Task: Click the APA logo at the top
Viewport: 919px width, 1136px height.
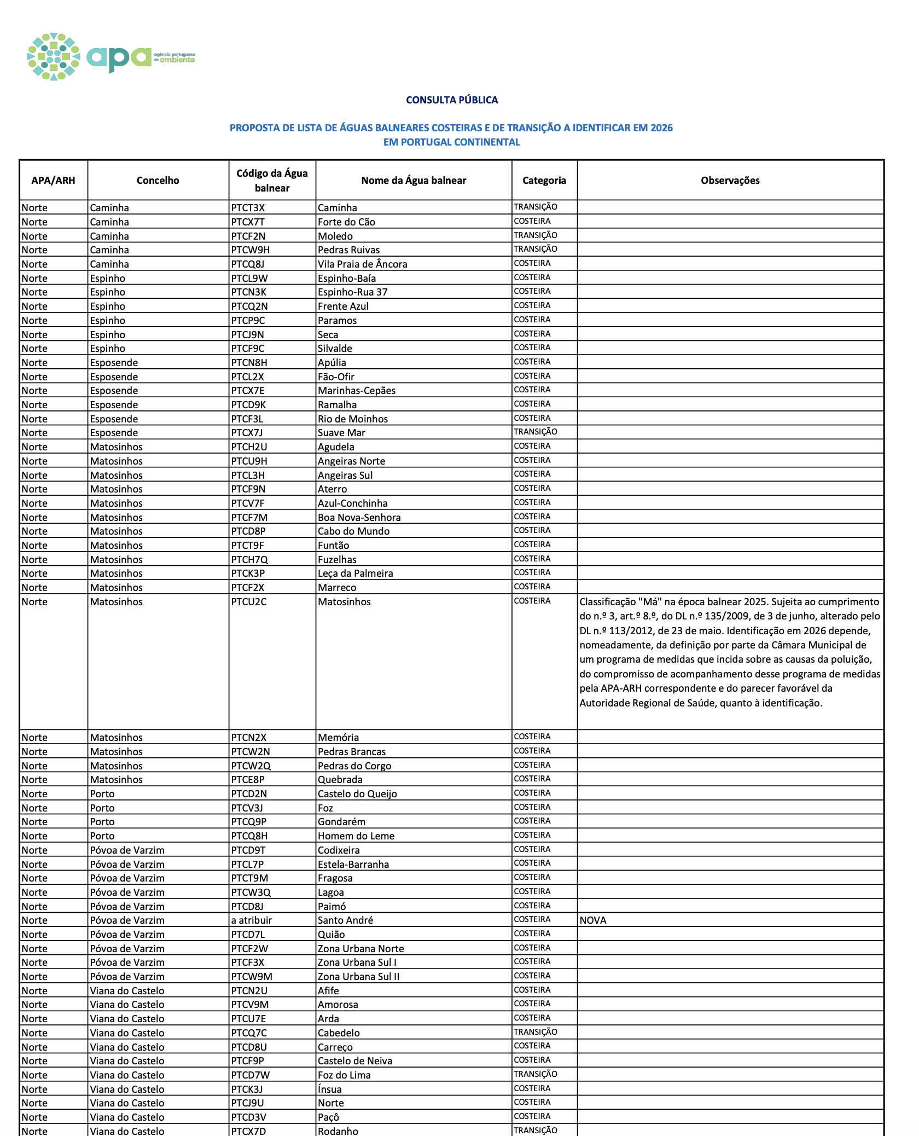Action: [x=111, y=57]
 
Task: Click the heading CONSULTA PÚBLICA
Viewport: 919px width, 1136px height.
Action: [x=452, y=100]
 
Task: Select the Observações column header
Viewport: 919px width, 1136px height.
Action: [x=730, y=181]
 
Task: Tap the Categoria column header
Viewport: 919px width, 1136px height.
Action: [x=544, y=181]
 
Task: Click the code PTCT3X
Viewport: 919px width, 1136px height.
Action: [x=248, y=208]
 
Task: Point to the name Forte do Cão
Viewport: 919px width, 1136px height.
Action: [x=346, y=222]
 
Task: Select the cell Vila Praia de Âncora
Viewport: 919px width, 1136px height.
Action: [x=362, y=264]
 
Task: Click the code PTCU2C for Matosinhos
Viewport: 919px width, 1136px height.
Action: [x=249, y=602]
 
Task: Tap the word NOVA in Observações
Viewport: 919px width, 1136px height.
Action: [x=593, y=920]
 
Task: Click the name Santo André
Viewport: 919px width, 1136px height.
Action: [x=345, y=920]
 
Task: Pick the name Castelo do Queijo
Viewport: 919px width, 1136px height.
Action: [x=357, y=794]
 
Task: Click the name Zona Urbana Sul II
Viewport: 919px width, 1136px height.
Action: [x=358, y=977]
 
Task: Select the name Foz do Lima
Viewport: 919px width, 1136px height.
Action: [x=344, y=1075]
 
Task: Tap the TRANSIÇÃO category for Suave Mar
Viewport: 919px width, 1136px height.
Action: [x=535, y=432]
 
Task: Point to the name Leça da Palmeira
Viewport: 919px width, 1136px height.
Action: [x=355, y=573]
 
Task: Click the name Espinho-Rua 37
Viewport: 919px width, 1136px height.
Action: [x=352, y=292]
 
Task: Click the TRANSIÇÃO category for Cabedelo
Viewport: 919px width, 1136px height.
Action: [x=535, y=1032]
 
